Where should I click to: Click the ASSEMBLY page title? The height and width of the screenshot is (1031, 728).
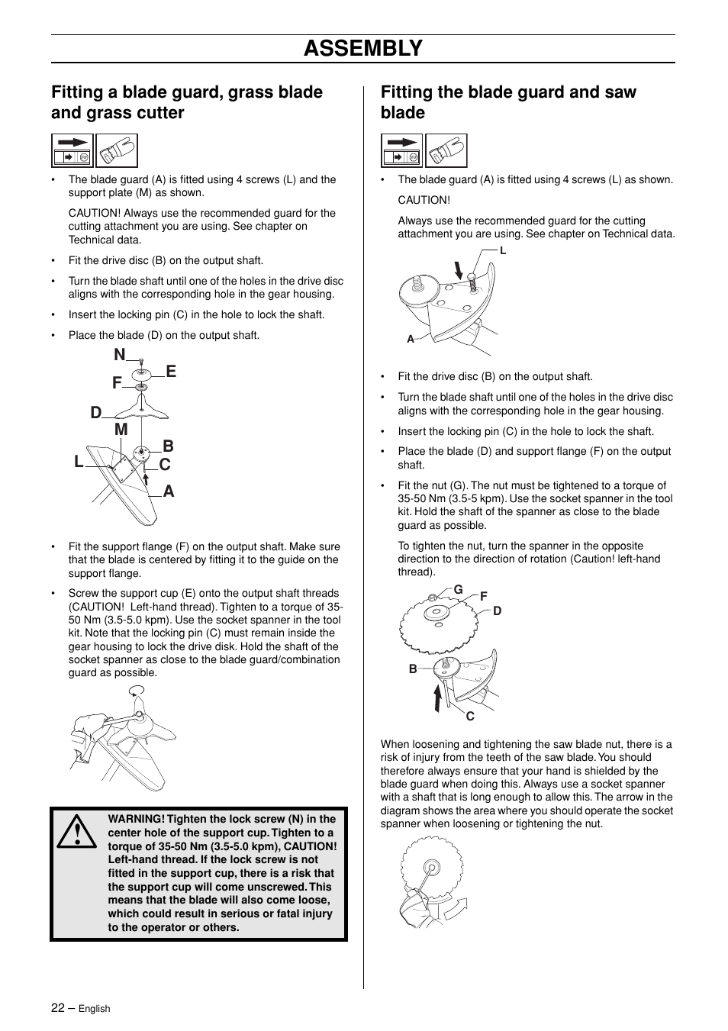pos(362,48)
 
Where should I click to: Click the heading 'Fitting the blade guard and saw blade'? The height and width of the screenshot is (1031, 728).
pos(508,102)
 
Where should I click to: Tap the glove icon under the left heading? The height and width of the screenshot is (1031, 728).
pos(117,150)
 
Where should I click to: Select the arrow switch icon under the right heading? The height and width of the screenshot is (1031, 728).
pos(401,150)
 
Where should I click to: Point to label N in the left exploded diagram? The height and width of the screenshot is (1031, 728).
pos(119,355)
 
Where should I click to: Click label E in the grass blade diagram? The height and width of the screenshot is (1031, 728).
pos(171,372)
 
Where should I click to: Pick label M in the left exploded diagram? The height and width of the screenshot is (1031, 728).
pos(121,430)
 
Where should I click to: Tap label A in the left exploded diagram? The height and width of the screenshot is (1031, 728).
pos(168,492)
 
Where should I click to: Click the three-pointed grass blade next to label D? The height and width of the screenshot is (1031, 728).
pos(140,411)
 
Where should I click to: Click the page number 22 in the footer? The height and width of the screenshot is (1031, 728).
pos(58,1007)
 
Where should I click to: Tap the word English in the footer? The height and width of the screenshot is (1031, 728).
pos(95,1008)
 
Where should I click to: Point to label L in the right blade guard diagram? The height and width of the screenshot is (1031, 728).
pos(503,250)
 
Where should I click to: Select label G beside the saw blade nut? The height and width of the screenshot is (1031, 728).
pos(459,589)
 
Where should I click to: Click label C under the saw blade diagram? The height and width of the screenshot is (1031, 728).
pos(470,716)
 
